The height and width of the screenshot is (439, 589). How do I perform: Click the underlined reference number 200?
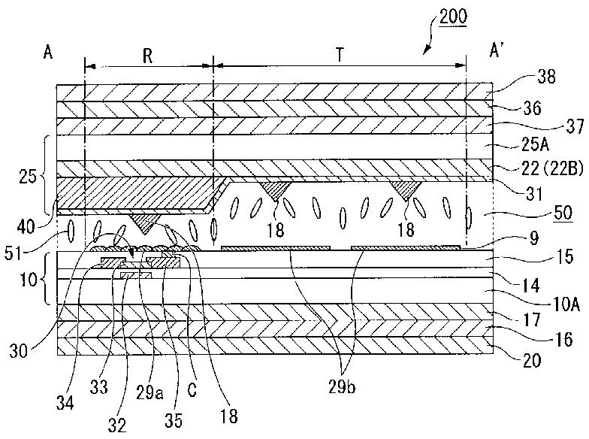(453, 17)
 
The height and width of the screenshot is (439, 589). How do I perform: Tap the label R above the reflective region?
(147, 56)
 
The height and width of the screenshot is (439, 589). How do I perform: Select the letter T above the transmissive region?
(340, 56)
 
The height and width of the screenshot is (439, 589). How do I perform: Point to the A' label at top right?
(497, 50)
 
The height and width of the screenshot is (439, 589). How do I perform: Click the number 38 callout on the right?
(546, 77)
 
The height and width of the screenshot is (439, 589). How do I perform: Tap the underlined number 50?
(563, 213)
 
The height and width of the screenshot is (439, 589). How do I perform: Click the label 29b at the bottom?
(341, 386)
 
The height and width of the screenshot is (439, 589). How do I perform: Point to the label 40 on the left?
(26, 227)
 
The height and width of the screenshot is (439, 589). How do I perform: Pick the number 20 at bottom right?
(531, 361)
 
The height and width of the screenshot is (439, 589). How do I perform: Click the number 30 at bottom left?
(18, 352)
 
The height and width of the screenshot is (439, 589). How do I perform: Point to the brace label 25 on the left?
(27, 177)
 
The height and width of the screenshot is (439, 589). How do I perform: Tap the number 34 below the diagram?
(65, 403)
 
